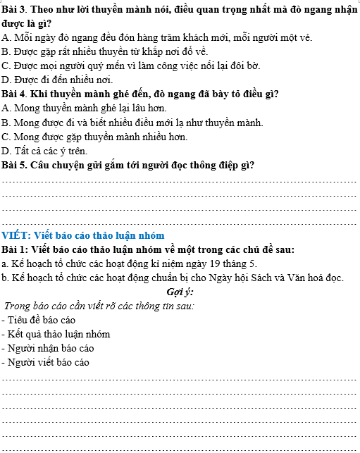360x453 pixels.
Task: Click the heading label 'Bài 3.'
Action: (15, 8)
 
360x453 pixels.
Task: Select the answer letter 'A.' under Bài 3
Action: (7, 37)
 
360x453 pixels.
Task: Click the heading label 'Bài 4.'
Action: (15, 94)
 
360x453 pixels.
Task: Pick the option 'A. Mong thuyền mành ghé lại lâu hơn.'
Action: (85, 108)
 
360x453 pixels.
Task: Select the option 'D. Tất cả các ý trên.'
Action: (45, 151)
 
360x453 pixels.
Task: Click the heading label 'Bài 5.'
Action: (15, 166)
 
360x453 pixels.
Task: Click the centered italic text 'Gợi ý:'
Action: (180, 292)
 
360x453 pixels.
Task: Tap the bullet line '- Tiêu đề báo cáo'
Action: (39, 320)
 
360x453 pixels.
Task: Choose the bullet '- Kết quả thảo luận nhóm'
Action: (56, 334)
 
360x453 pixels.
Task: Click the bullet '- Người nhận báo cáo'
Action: (48, 348)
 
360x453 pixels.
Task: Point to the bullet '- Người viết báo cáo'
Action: (46, 362)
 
